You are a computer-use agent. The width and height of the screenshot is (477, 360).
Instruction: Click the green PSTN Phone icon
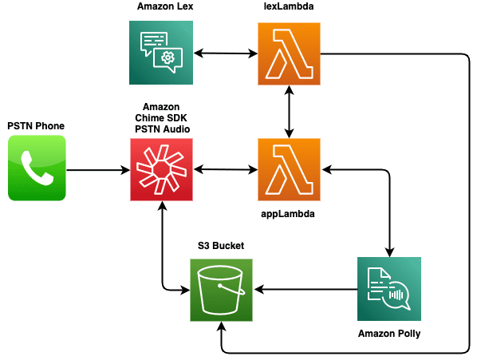pos(37,168)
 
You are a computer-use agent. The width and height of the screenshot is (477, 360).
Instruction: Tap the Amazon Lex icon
pos(161,53)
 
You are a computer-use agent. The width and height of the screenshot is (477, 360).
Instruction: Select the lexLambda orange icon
pos(289,53)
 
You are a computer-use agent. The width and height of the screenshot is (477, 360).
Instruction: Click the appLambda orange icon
pos(289,169)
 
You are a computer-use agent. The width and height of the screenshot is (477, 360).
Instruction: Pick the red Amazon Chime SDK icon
pos(162,169)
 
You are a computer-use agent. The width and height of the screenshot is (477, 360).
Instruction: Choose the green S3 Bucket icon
pos(221,290)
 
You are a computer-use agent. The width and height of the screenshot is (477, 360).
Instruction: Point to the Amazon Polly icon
pos(389,289)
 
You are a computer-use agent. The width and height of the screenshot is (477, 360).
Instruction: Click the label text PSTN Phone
pos(36,126)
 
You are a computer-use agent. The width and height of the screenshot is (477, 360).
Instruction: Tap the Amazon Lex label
pos(165,6)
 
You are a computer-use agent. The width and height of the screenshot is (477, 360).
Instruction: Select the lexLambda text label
pos(289,6)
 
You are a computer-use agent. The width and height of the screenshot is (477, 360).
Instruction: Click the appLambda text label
pos(288,214)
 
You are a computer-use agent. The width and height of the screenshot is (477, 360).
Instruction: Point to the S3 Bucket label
pos(221,246)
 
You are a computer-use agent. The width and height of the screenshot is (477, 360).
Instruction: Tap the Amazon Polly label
pos(389,334)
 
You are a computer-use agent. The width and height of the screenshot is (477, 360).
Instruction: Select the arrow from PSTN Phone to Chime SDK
pos(98,170)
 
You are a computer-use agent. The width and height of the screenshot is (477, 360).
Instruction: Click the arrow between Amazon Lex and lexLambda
pos(226,53)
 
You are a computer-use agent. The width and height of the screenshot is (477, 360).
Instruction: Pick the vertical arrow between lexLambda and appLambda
pos(289,112)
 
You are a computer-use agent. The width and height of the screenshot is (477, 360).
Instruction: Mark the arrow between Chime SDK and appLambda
pos(226,169)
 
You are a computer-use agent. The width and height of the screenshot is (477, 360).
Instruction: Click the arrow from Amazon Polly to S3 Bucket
pos(306,289)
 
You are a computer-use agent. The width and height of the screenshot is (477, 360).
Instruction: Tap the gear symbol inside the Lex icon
pos(168,57)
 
